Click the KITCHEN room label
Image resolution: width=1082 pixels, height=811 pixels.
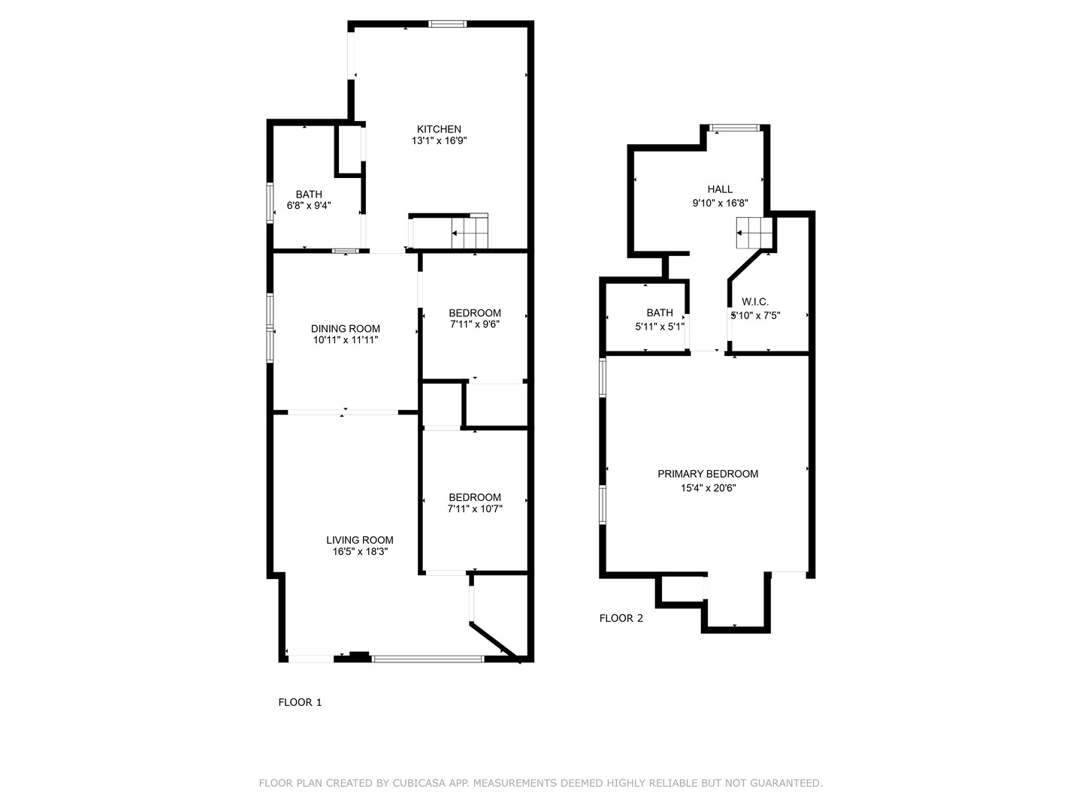pyautogui.click(x=439, y=129)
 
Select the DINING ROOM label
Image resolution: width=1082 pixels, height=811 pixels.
pyautogui.click(x=346, y=328)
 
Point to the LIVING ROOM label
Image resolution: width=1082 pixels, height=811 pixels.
pyautogui.click(x=359, y=540)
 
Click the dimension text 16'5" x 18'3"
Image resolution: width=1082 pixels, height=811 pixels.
pyautogui.click(x=359, y=552)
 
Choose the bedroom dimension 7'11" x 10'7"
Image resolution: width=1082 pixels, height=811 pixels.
pyautogui.click(x=474, y=509)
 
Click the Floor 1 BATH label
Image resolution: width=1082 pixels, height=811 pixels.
pyautogui.click(x=308, y=194)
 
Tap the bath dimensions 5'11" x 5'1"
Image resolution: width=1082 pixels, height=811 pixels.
pyautogui.click(x=660, y=327)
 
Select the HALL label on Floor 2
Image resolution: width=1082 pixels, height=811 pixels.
pyautogui.click(x=719, y=189)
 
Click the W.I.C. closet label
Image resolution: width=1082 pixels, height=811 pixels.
pyautogui.click(x=755, y=302)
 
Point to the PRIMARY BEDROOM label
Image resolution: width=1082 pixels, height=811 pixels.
pyautogui.click(x=707, y=474)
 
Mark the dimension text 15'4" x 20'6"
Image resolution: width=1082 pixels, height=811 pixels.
pyautogui.click(x=707, y=488)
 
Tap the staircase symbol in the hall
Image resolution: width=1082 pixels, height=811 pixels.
pyautogui.click(x=754, y=233)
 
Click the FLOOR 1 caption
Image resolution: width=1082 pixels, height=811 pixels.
pyautogui.click(x=300, y=702)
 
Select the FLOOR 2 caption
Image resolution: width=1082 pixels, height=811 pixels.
pyautogui.click(x=621, y=618)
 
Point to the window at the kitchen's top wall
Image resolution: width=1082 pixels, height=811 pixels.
pyautogui.click(x=447, y=24)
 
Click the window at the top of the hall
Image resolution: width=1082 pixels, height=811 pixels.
pyautogui.click(x=736, y=128)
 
